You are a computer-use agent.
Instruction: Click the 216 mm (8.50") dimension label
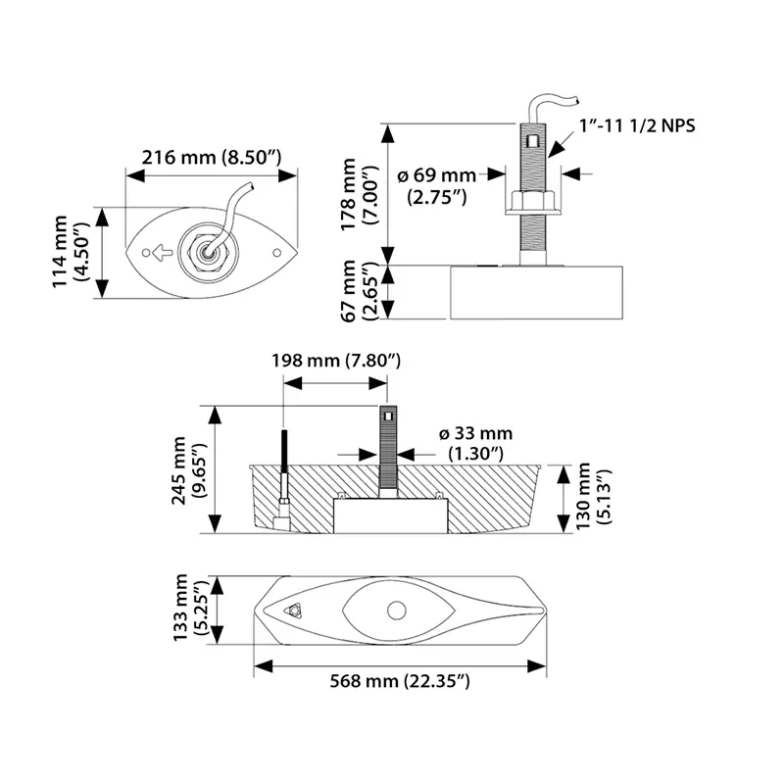coord(212,158)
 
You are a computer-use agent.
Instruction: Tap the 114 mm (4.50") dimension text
coord(71,252)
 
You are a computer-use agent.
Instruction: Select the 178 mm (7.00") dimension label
coord(359,194)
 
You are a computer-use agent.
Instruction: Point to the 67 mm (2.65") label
coord(359,291)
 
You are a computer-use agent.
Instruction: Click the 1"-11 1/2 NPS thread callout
coord(637,125)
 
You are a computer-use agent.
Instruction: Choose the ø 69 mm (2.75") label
coord(437,186)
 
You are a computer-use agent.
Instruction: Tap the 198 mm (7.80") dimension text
coord(336,361)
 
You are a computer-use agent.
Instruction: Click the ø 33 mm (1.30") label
coord(475,443)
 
